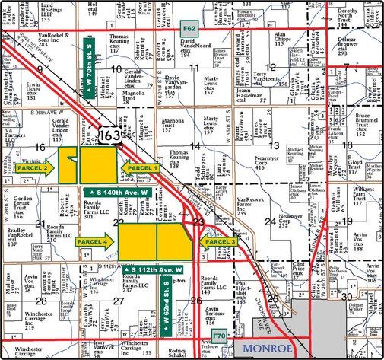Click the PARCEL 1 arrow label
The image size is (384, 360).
[x=141, y=167]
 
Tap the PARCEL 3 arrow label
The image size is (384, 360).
[x=217, y=241]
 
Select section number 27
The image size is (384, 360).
[x=118, y=301]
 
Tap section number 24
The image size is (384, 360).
[x=271, y=221]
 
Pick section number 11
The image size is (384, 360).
[x=195, y=68]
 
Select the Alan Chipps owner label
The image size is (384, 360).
[x=284, y=40]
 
